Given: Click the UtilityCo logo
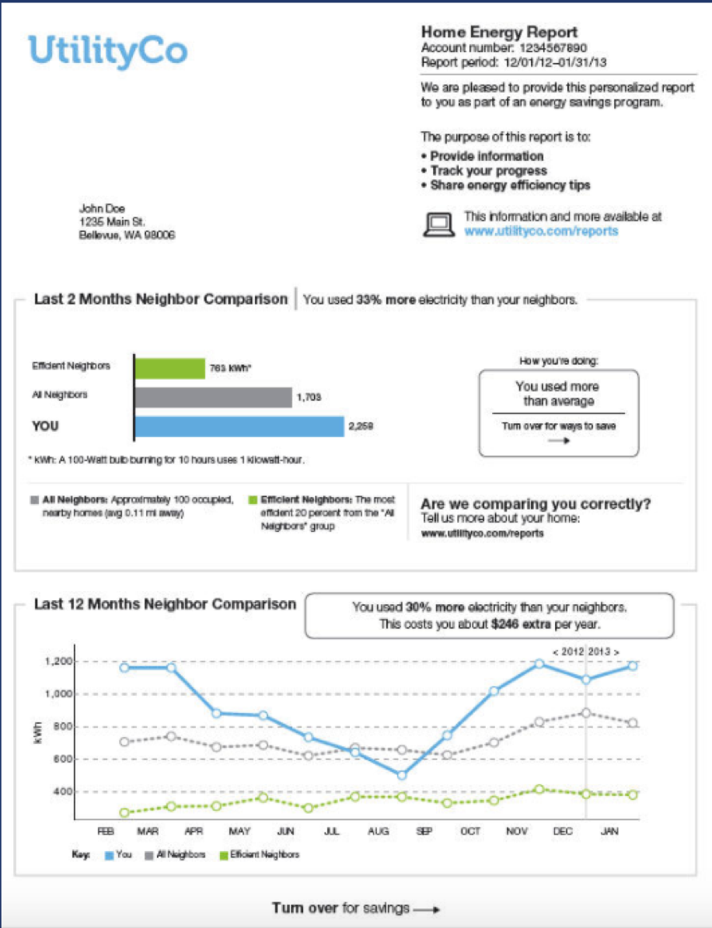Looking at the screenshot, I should click(x=108, y=50).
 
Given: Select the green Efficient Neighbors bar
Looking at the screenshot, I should click(x=169, y=368).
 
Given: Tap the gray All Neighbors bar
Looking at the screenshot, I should click(x=213, y=398).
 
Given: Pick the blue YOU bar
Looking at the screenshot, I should click(x=239, y=426).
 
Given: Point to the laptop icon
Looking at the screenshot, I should click(x=438, y=224).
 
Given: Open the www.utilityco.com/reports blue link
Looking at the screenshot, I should click(x=541, y=231).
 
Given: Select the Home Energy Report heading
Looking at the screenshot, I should click(x=499, y=33).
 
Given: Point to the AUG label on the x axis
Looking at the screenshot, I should click(x=378, y=831).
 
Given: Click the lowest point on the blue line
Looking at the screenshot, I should click(x=401, y=775).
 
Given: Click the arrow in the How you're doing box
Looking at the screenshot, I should click(x=557, y=440).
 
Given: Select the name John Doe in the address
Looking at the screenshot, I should click(x=102, y=208).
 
